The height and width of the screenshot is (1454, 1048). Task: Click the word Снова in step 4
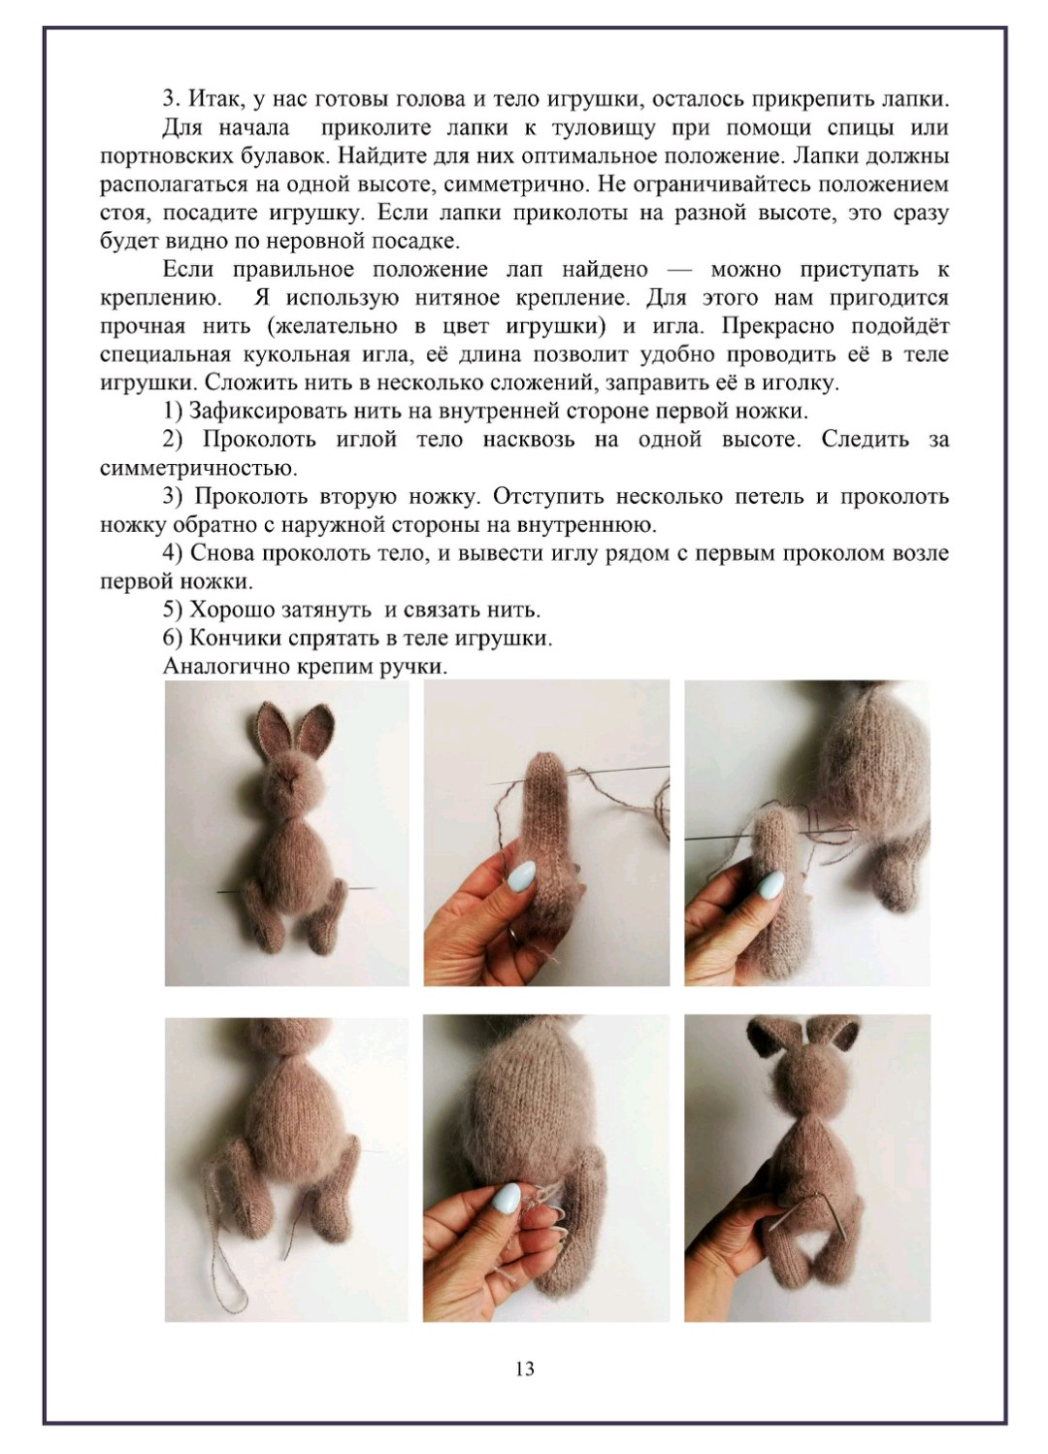click(223, 553)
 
